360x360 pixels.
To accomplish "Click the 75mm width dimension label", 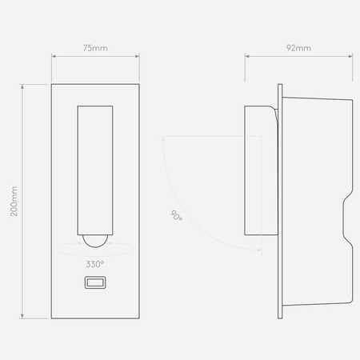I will click(95, 48).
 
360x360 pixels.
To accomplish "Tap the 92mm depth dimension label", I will click(298, 48).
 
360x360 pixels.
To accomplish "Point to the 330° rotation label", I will click(94, 263).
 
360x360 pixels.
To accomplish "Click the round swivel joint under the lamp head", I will click(94, 238).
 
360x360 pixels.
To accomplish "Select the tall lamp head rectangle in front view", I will click(94, 168).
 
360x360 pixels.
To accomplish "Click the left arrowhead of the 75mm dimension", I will click(53, 57).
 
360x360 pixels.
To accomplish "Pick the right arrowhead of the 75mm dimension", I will click(138, 57).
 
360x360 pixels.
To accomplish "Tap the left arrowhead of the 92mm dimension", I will click(246, 57).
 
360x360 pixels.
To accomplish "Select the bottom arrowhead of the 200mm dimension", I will click(23, 317).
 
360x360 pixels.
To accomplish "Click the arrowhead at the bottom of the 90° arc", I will click(258, 249).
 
